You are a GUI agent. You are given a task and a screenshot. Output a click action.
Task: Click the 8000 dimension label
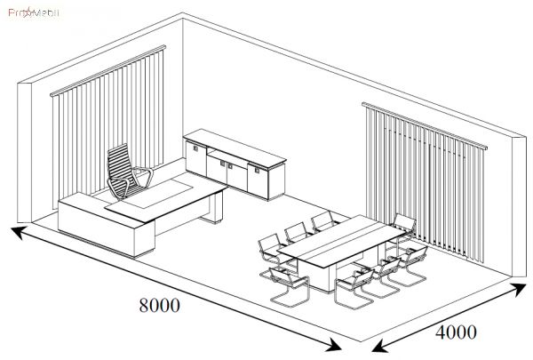pos(159,304)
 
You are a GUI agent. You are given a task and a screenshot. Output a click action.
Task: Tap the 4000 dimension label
pos(456,333)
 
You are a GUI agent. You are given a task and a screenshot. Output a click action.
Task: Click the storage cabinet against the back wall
pos(235,164)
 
